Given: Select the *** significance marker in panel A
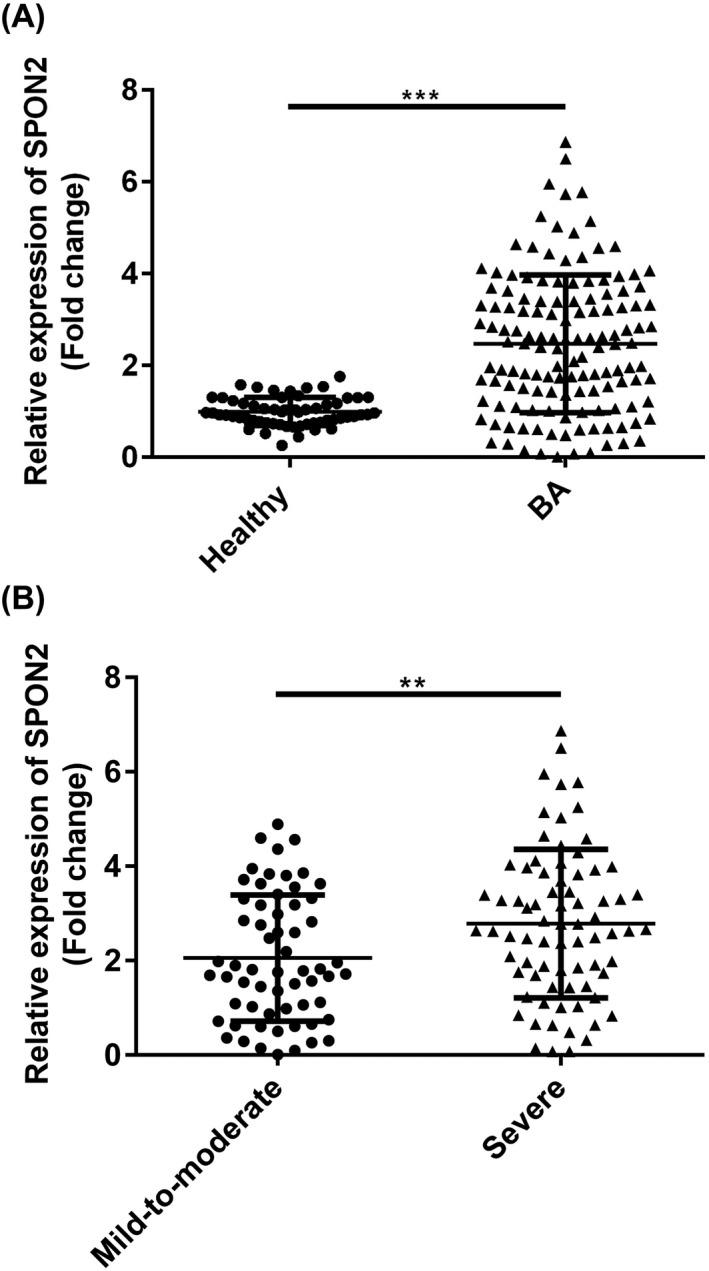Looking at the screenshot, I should coord(421,97).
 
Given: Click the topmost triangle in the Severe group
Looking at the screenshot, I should coord(561,731).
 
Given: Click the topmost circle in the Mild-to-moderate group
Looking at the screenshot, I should coord(278,825).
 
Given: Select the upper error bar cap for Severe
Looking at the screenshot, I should coord(561,849).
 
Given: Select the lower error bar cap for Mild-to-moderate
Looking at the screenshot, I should coord(278,1020).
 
